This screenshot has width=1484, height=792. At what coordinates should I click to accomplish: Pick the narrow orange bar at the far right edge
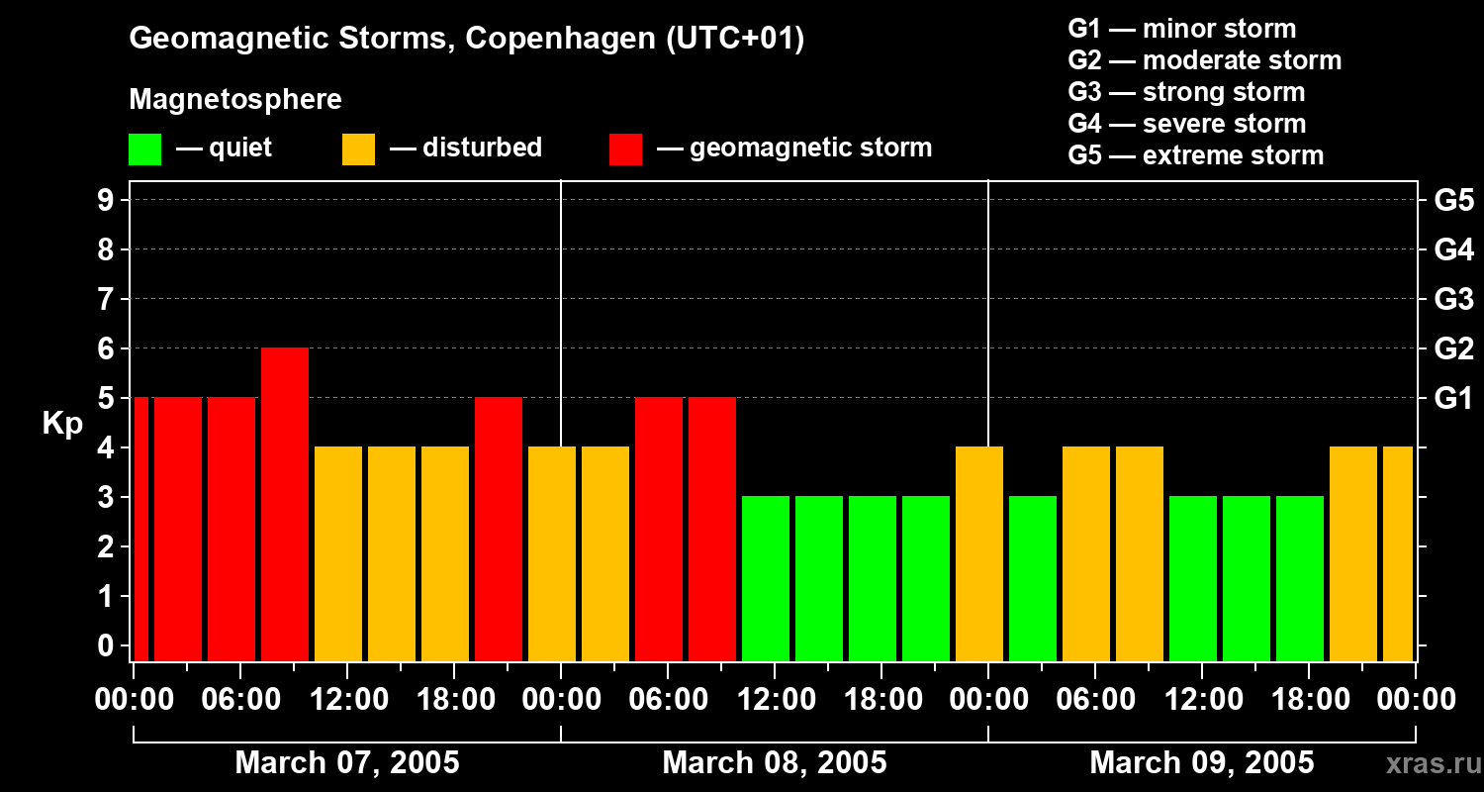coord(1398,554)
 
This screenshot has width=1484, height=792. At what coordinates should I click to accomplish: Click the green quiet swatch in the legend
coord(145,149)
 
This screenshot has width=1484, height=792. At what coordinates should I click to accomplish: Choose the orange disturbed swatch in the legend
coord(358,149)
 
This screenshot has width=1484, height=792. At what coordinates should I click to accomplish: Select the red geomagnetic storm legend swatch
coord(626,149)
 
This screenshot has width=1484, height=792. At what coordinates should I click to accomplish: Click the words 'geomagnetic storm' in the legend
coord(810,148)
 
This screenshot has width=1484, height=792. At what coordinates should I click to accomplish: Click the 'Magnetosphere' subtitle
coord(235,100)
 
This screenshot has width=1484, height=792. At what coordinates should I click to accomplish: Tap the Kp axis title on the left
coord(62,424)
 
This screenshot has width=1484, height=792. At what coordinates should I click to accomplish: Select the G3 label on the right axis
coord(1453,299)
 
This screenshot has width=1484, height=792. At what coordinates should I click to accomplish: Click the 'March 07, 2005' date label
coord(347,763)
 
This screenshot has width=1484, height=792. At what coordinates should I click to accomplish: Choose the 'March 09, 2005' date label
coord(1201,763)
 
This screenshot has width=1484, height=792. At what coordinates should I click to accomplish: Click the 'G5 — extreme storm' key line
coord(1195,155)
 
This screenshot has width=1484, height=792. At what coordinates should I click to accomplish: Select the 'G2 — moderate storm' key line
coord(1204,60)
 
